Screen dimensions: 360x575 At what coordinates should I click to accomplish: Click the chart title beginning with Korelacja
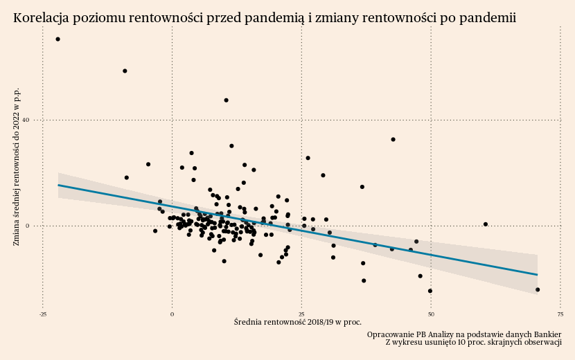[x=264, y=18]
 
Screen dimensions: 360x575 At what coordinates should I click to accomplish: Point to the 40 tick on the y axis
[x=25, y=120]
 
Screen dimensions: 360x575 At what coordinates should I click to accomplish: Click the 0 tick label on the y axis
[x=27, y=226]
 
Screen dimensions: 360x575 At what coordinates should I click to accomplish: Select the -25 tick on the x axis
[x=43, y=314]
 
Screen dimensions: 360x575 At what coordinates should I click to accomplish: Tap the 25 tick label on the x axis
[x=301, y=314]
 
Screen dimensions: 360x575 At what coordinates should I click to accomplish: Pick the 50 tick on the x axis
[x=431, y=314]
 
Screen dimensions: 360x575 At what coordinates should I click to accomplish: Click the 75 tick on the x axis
[x=560, y=314]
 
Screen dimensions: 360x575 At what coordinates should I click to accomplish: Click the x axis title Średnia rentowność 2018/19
[x=298, y=322]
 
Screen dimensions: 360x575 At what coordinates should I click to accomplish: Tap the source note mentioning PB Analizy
[x=463, y=334]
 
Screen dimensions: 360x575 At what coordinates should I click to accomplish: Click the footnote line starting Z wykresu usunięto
[x=473, y=342]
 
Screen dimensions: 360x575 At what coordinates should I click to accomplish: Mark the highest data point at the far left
[x=57, y=39]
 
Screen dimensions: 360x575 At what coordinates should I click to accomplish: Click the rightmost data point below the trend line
[x=538, y=289]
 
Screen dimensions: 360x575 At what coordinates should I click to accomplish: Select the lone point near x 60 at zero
[x=486, y=224]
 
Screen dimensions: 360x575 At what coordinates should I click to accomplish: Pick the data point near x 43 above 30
[x=393, y=139]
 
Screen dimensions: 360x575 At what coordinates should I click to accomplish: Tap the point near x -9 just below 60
[x=125, y=71]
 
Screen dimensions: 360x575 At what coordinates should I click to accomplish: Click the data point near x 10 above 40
[x=226, y=100]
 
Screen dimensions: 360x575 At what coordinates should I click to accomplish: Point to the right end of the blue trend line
[x=537, y=275]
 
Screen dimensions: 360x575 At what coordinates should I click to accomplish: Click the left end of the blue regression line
[x=58, y=185]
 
